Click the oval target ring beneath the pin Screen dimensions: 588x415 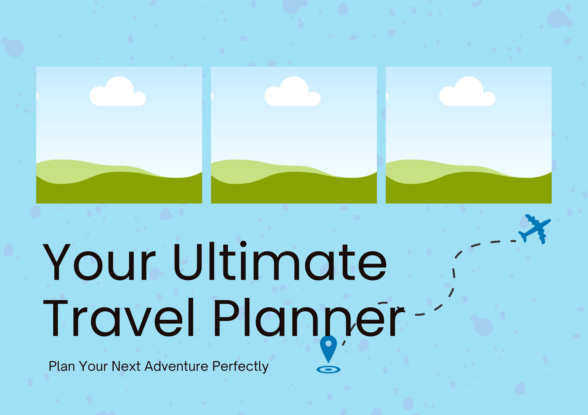[x=328, y=370]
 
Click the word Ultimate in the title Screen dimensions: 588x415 [x=280, y=261]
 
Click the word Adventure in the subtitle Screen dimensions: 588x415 [x=176, y=366]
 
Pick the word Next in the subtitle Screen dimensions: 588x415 [x=126, y=366]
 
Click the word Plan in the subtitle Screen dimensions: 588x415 [x=62, y=366]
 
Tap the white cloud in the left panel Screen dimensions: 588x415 [x=118, y=91]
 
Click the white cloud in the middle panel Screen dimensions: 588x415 [x=292, y=91]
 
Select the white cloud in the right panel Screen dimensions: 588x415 [x=467, y=91]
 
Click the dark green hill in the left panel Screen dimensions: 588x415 [x=119, y=190]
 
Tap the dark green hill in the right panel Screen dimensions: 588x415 [x=468, y=190]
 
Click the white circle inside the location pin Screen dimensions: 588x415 [x=328, y=343]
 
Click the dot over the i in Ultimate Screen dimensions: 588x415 [x=243, y=244]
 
